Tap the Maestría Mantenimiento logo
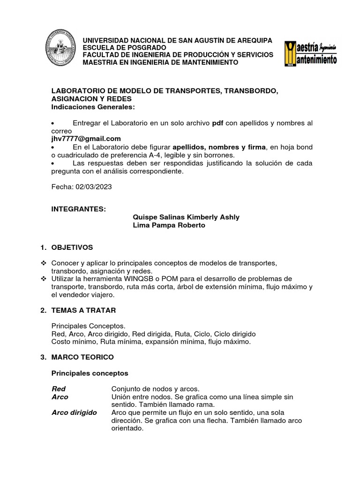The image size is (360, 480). [310, 53]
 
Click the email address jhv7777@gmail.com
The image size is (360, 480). [86, 139]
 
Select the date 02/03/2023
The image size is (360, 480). [97, 187]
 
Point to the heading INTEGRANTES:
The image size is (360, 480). [79, 209]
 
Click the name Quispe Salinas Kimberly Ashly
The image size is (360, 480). [187, 217]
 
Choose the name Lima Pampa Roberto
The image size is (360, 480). [169, 225]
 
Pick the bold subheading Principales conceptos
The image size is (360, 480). [89, 373]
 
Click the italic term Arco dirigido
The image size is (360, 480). [74, 412]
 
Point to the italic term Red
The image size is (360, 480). [59, 389]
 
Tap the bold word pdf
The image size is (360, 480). [217, 123]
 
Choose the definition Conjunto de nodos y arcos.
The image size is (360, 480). [155, 389]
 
